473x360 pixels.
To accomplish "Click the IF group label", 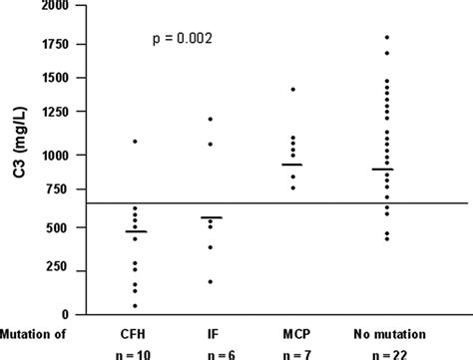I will [210, 326].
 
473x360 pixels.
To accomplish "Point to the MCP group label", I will [293, 326].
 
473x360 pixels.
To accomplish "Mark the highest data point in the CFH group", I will [136, 142].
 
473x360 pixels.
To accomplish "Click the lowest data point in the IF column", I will [210, 281].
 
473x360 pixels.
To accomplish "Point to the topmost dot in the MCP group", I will [293, 90].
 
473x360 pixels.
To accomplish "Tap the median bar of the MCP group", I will [293, 165].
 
